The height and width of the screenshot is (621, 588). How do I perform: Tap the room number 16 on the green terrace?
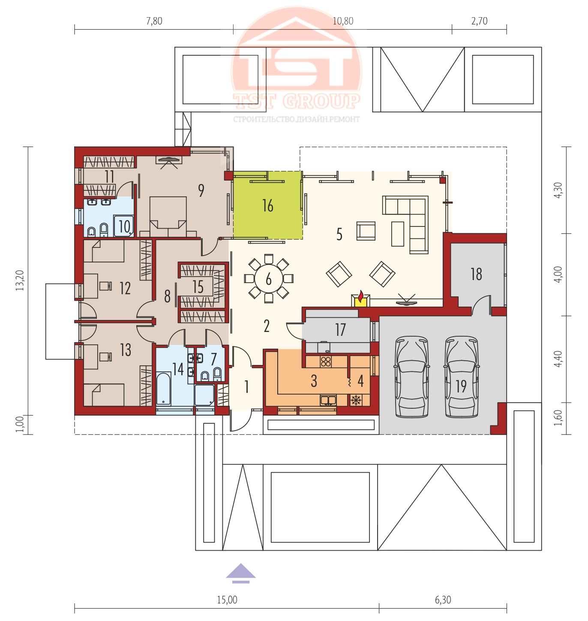coord(267,205)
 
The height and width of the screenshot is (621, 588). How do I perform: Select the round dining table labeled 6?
coord(268,279)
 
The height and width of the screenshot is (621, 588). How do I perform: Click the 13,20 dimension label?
coord(20,280)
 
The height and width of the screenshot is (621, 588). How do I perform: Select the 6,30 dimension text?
coord(443,600)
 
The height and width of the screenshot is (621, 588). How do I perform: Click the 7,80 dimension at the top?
coord(154,21)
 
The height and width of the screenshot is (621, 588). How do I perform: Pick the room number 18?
coord(476,274)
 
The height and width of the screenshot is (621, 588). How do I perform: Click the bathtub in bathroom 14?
coord(163,388)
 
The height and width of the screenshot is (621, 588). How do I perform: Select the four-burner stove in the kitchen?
coord(326,362)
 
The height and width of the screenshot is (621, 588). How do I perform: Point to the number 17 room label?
coord(340,330)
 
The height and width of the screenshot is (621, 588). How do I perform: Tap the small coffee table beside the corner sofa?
coord(398,234)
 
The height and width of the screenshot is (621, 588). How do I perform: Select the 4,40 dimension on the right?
coord(558,359)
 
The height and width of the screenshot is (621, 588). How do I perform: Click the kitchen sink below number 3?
coord(328,400)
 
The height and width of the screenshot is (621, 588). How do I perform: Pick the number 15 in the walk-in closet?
coord(198,287)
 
